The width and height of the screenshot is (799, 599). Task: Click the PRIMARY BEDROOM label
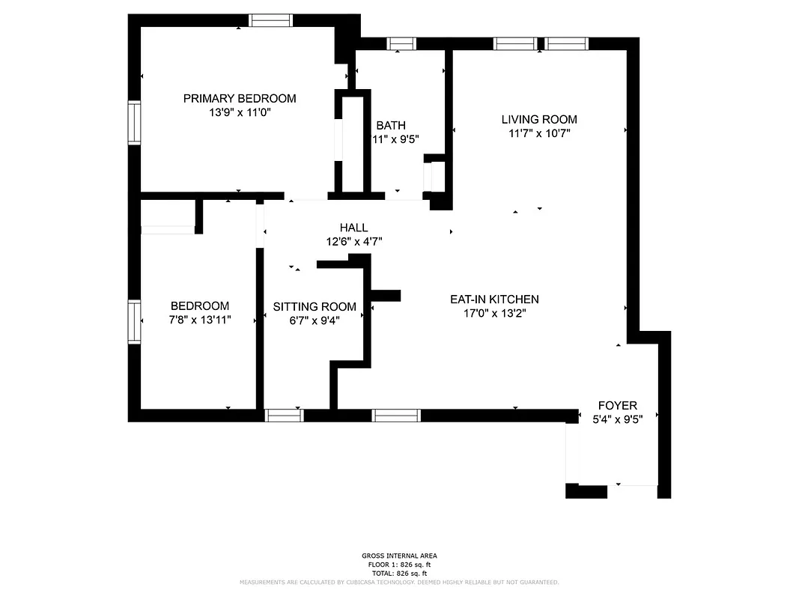[240, 98]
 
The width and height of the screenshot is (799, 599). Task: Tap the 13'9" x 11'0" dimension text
[240, 113]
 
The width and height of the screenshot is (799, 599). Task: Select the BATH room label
[391, 125]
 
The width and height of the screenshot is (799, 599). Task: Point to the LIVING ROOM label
[539, 119]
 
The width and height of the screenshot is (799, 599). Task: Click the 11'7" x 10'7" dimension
[539, 134]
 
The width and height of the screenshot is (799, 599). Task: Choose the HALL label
[353, 228]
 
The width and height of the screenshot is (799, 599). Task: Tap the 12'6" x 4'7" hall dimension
[353, 242]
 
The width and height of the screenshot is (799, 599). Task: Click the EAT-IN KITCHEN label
[494, 299]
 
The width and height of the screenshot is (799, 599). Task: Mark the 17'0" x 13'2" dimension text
[494, 314]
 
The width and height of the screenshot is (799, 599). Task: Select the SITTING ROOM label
[315, 306]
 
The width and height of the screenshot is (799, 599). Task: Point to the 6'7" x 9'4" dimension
[315, 320]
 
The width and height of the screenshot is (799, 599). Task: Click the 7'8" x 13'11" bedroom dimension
[200, 320]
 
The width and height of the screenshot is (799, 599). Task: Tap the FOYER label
[617, 405]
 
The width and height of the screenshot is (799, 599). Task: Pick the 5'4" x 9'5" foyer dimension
[617, 419]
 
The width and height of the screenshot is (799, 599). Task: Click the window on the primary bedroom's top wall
[270, 20]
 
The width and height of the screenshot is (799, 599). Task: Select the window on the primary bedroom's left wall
[134, 123]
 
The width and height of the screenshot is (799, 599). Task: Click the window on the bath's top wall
[401, 43]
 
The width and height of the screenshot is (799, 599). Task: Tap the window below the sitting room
[285, 416]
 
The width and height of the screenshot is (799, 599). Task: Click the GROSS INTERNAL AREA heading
[399, 556]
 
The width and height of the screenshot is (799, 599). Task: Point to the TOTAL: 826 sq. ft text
[399, 573]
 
